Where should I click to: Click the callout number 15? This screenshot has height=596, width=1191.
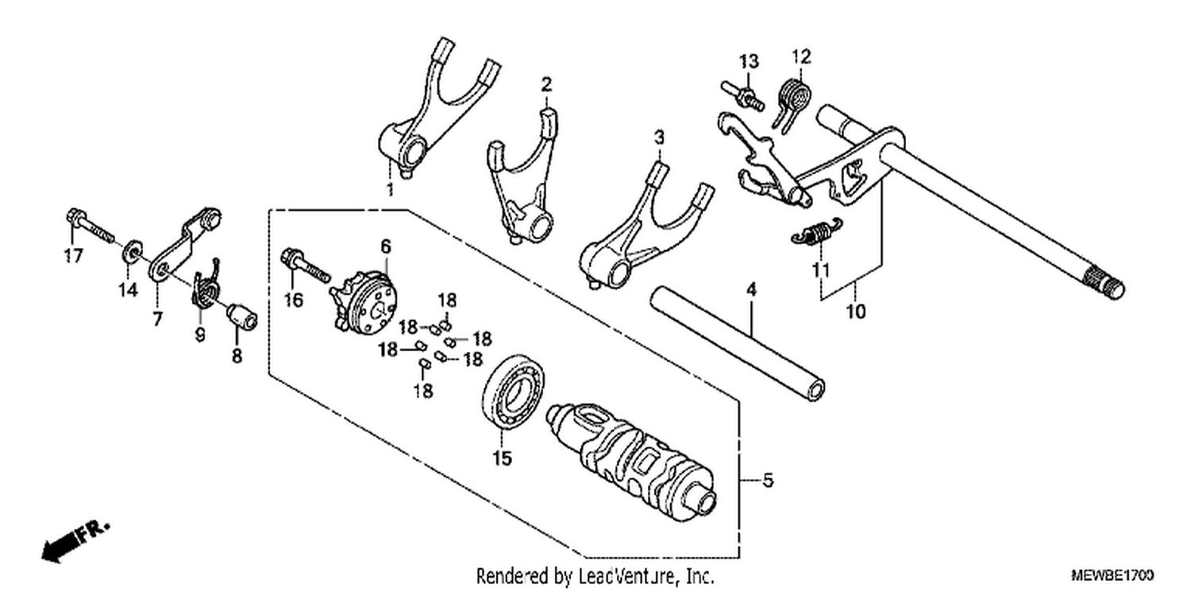(x=502, y=459)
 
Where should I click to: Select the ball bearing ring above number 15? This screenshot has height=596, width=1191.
(x=513, y=392)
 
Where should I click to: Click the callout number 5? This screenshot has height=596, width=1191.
(x=767, y=481)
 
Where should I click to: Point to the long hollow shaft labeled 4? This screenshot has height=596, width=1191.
(x=738, y=344)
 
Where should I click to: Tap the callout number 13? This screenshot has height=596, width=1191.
(x=750, y=61)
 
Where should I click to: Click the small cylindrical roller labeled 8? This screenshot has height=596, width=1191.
(x=242, y=316)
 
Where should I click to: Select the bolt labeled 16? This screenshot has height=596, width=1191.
(x=305, y=265)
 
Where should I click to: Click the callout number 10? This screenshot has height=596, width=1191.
(x=855, y=312)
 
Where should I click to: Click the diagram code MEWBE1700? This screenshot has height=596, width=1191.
(x=1112, y=575)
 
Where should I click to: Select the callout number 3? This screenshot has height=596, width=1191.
(x=659, y=137)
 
